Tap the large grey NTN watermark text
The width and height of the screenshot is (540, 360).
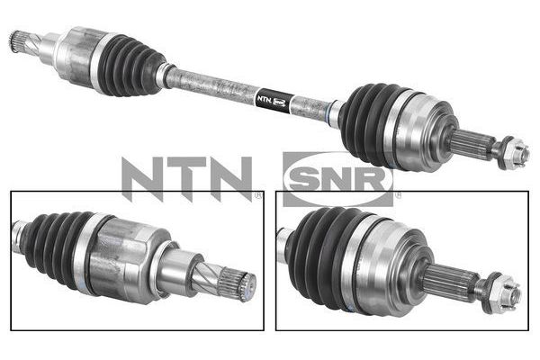tap(186, 178)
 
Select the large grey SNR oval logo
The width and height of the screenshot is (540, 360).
tap(337, 179)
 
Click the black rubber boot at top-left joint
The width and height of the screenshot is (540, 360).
tap(130, 65)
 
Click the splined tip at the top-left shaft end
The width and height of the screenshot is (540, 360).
tap(15, 41)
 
